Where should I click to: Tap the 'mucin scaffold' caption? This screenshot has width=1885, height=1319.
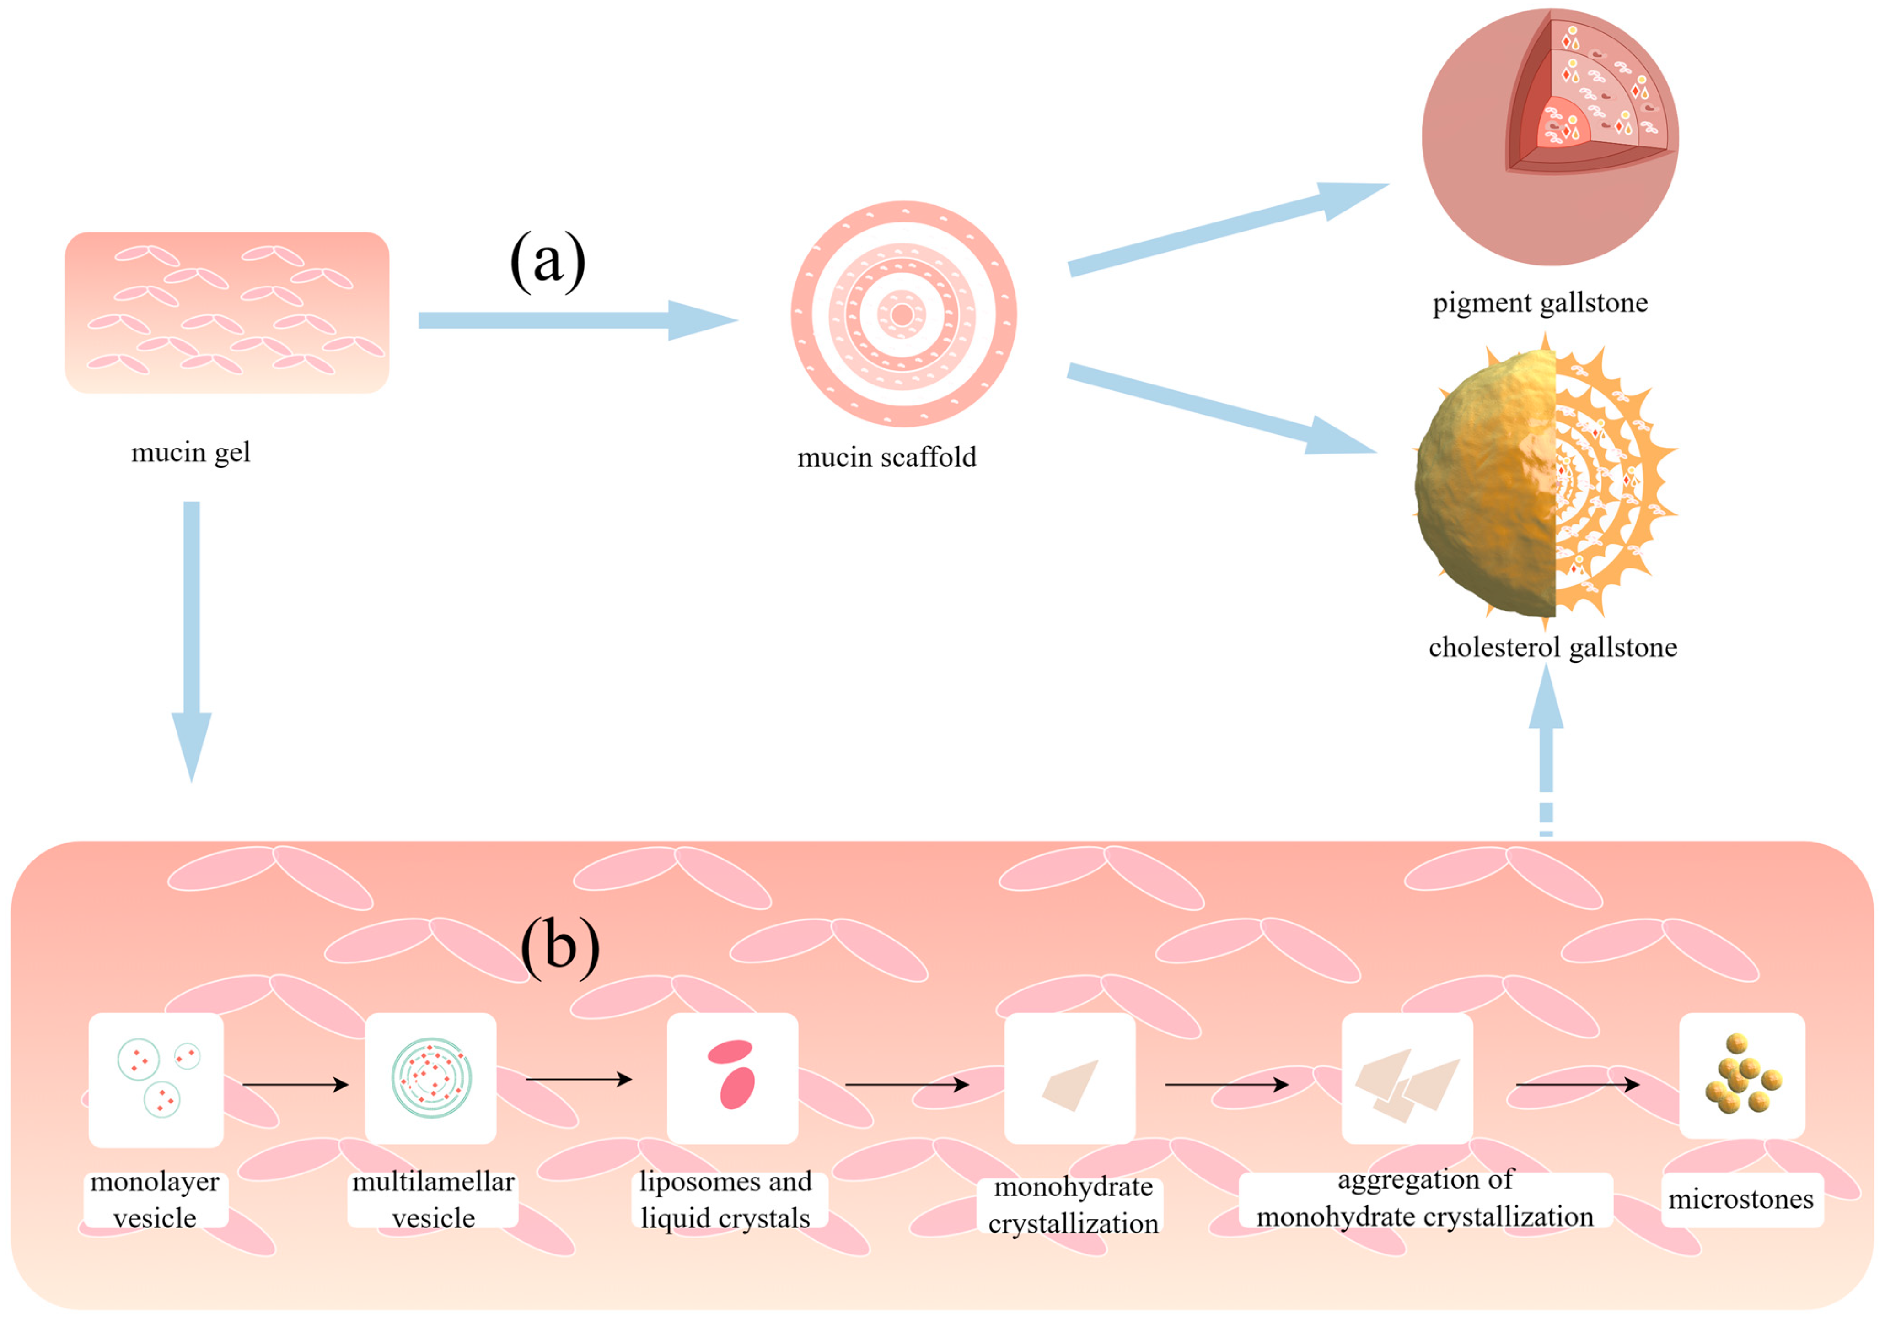(886, 458)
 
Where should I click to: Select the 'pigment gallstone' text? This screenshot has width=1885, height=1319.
(1540, 303)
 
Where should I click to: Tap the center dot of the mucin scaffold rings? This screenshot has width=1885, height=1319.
(902, 314)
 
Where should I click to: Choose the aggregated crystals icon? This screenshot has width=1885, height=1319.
(1407, 1084)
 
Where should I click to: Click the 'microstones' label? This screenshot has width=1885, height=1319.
(1740, 1199)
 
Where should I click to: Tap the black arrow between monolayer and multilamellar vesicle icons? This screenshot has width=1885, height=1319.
(295, 1085)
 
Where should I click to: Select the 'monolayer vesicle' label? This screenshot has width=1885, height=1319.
(155, 1200)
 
